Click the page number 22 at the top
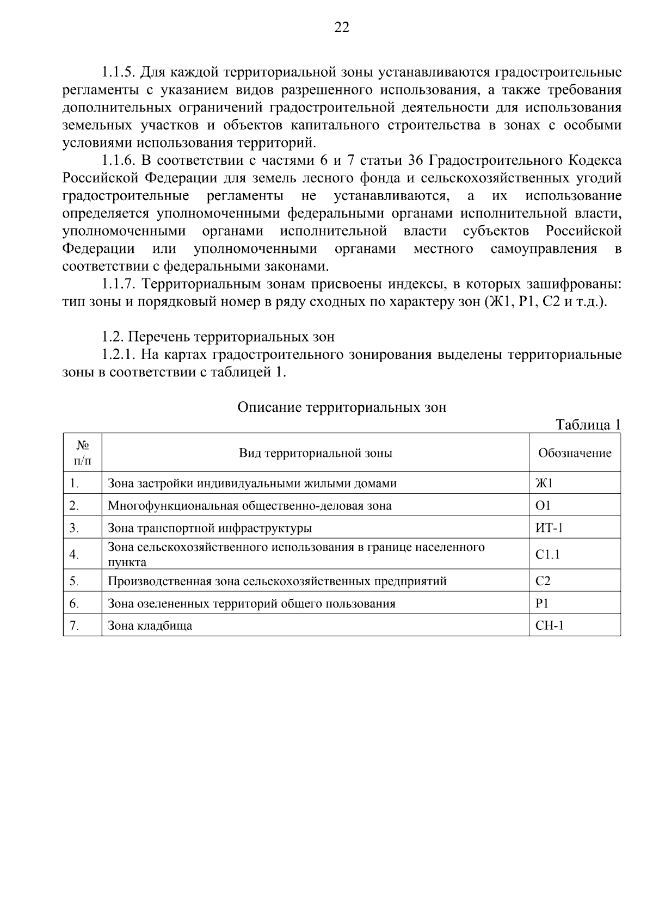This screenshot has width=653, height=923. pyautogui.click(x=342, y=28)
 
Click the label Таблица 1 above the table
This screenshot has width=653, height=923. pyautogui.click(x=588, y=425)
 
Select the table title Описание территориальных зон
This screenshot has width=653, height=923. pyautogui.click(x=342, y=407)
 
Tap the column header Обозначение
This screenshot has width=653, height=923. pyautogui.click(x=575, y=453)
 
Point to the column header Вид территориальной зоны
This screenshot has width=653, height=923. pyautogui.click(x=316, y=453)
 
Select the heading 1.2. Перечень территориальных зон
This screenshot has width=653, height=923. pyautogui.click(x=218, y=337)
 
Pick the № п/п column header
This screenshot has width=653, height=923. pyautogui.click(x=82, y=453)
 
